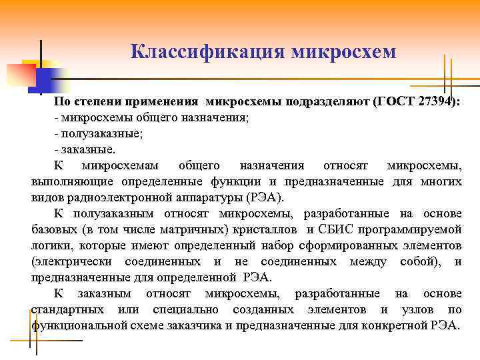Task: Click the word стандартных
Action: coord(67,309)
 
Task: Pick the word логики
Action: coord(49,245)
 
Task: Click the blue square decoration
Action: coord(39,79)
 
